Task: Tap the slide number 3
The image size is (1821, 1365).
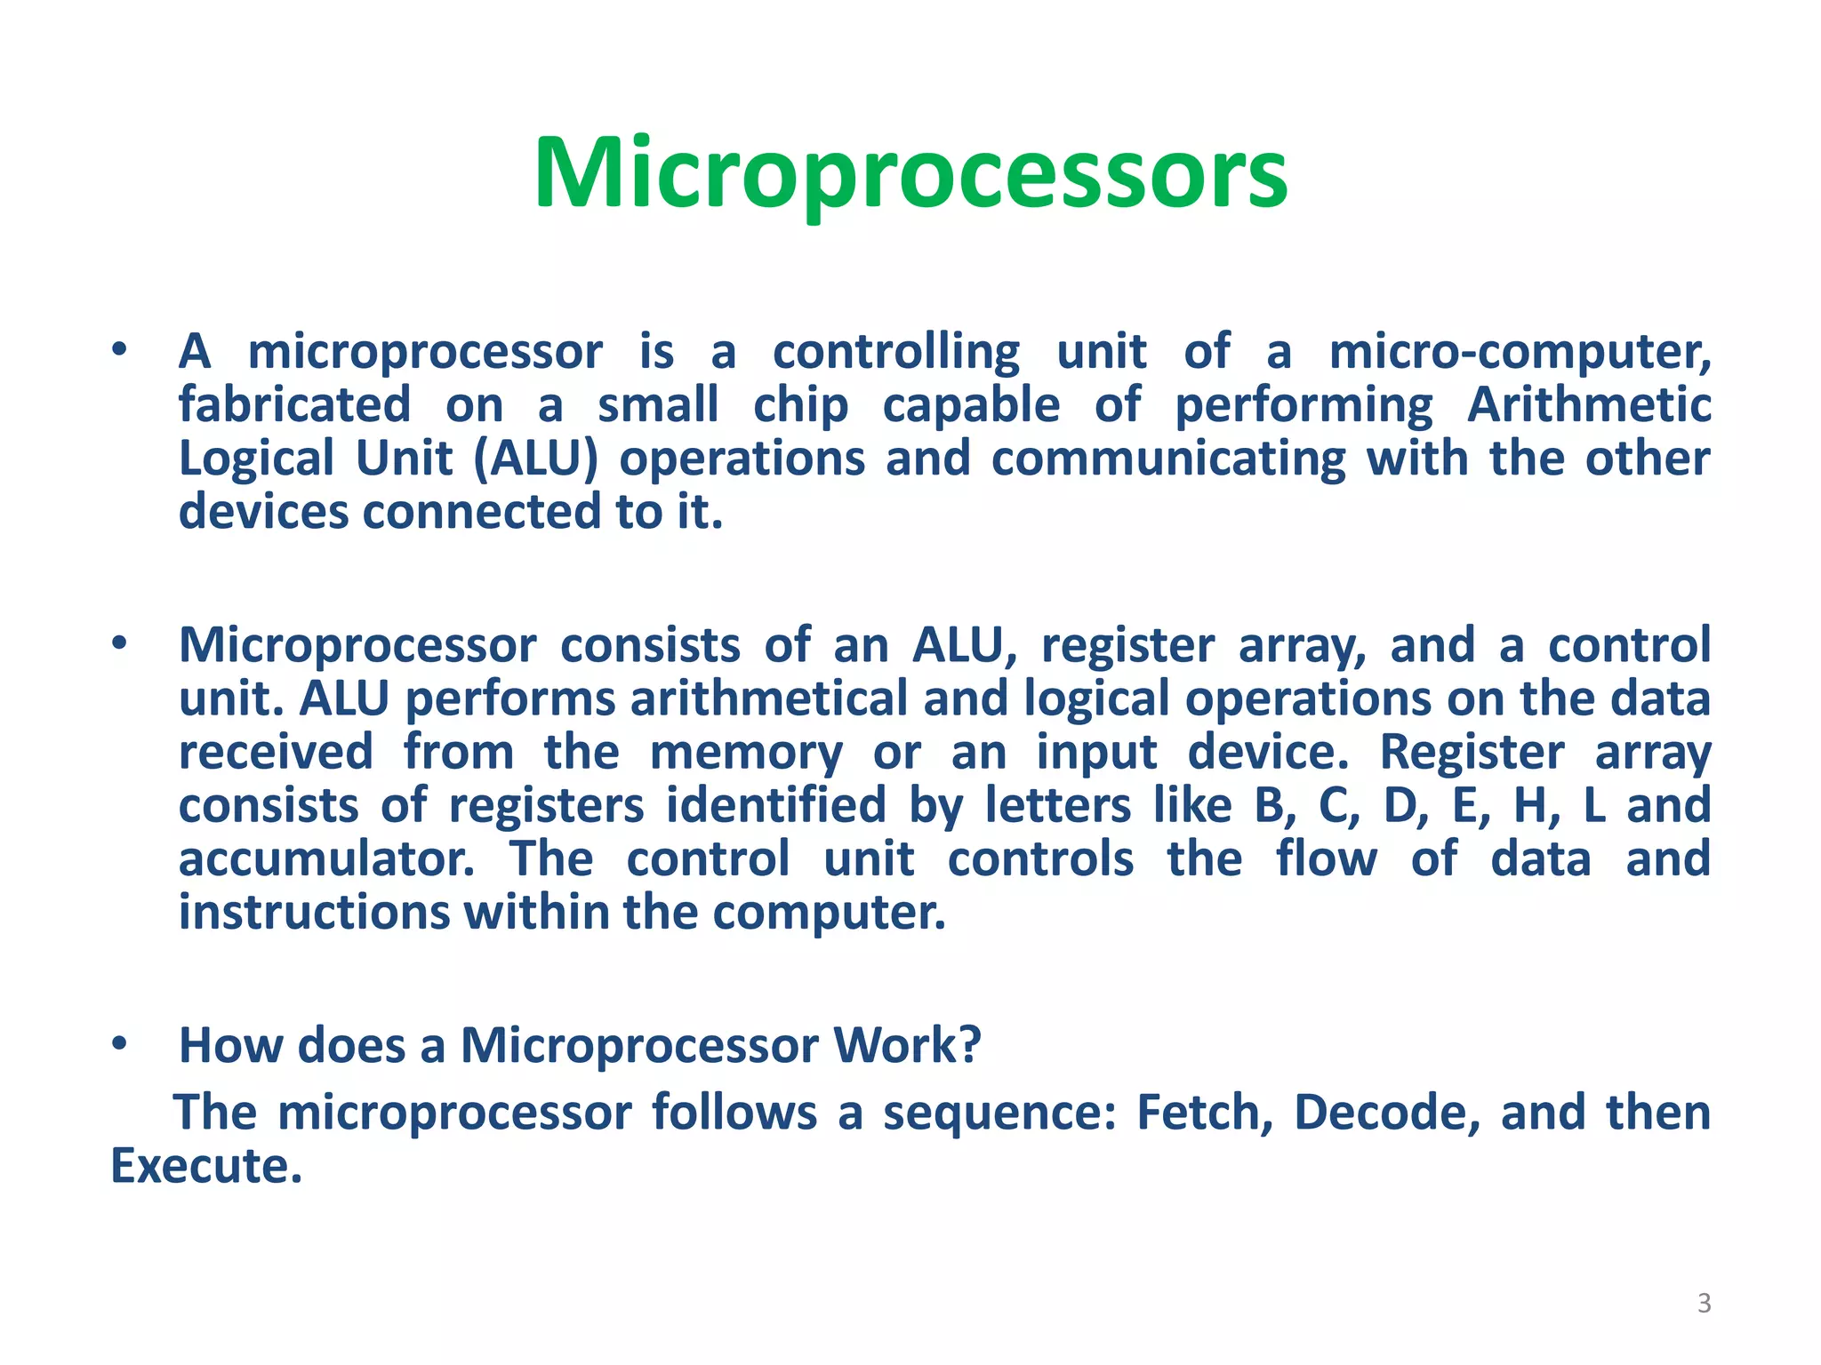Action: click(x=1704, y=1303)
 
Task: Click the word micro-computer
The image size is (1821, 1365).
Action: click(x=1520, y=352)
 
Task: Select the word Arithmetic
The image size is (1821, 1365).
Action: click(x=1589, y=405)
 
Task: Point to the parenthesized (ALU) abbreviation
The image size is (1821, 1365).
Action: click(x=535, y=459)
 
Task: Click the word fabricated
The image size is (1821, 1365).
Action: click(x=294, y=405)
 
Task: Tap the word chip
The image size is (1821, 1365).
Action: click(x=800, y=407)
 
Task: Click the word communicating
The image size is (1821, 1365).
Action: click(x=1167, y=460)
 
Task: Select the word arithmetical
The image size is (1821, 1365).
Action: click(x=769, y=699)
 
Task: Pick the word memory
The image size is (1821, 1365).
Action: click(x=745, y=754)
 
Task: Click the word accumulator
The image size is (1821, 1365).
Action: click(x=326, y=859)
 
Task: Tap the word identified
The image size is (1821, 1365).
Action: click(x=775, y=806)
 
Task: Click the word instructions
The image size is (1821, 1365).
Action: click(x=314, y=913)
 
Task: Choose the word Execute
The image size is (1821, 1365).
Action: click(x=205, y=1166)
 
